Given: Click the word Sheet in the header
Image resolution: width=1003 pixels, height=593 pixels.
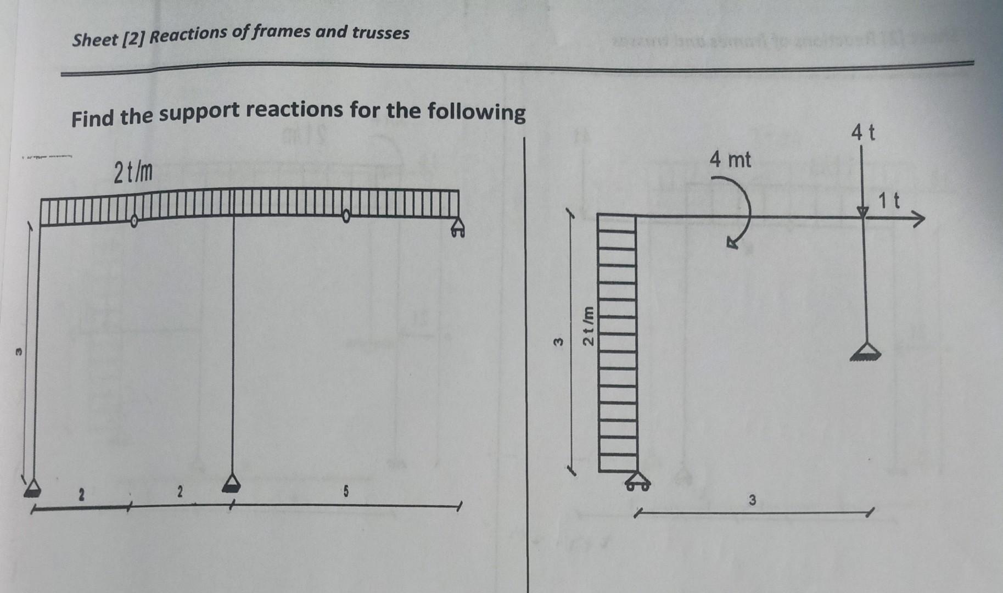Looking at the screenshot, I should pos(95,40).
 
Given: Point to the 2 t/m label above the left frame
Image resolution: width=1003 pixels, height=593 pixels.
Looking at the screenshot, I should pos(133,174).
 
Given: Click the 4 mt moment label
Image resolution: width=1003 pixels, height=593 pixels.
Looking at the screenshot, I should pos(730,160).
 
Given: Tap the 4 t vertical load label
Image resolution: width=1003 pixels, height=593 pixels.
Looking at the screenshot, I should pos(863,133).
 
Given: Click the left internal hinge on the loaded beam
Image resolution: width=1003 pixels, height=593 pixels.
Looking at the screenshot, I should pos(134,221).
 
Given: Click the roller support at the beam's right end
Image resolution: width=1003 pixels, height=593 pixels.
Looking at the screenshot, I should pos(457,228).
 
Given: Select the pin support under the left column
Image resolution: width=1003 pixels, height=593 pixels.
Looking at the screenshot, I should pos(33,488).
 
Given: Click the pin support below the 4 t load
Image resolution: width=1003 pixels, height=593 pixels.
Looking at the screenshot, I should pos(865,351).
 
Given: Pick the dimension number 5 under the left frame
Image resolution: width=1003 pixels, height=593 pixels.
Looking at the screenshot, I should pos(346,492).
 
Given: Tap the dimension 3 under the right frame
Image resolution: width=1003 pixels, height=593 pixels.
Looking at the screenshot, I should pos(752,500).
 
